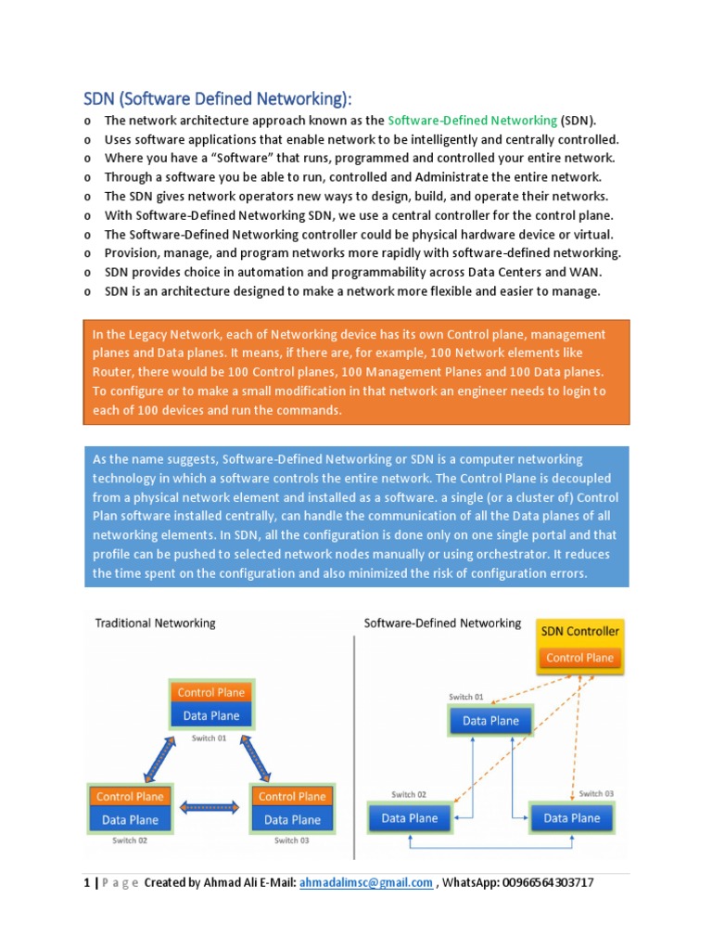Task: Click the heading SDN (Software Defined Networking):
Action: click(x=218, y=99)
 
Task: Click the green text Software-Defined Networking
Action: click(x=472, y=121)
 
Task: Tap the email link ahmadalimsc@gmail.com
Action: click(x=366, y=882)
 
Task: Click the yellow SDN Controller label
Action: click(x=579, y=632)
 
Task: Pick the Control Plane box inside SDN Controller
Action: click(x=579, y=658)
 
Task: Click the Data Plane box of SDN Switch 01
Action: click(x=490, y=721)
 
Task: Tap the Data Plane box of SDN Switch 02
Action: click(x=410, y=818)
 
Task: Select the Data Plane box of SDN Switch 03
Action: click(x=571, y=818)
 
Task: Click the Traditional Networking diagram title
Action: click(x=155, y=623)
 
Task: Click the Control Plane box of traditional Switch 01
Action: click(x=210, y=692)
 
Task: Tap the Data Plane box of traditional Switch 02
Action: click(x=130, y=819)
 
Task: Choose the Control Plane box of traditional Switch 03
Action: click(x=291, y=796)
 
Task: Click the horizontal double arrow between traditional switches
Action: click(x=210, y=808)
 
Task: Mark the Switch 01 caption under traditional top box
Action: click(x=210, y=738)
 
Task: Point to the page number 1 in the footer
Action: click(x=86, y=882)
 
